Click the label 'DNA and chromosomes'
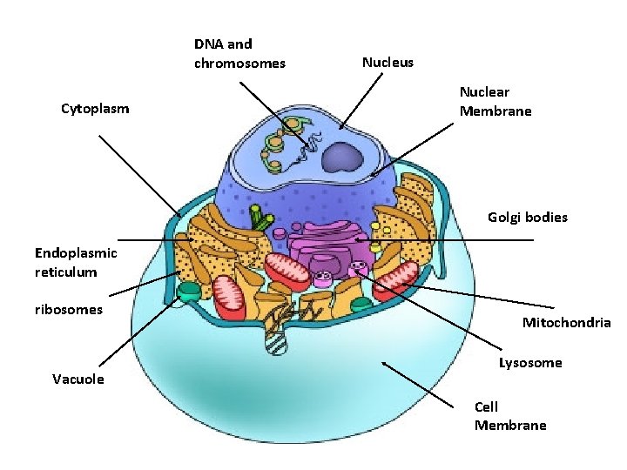pos(239,53)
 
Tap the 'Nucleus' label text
pos(388,63)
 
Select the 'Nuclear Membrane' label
pos(495,102)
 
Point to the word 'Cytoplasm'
pos(95,109)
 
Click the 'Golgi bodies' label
pos(527,217)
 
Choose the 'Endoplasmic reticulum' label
pos(75,262)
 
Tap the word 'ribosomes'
pos(69,309)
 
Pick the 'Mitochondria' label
pos(566,323)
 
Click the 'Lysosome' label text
pos(530,362)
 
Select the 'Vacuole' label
pos(78,379)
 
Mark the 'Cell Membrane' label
pos(510,416)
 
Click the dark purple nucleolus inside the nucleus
pos(343,158)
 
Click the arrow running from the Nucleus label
pos(361,101)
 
